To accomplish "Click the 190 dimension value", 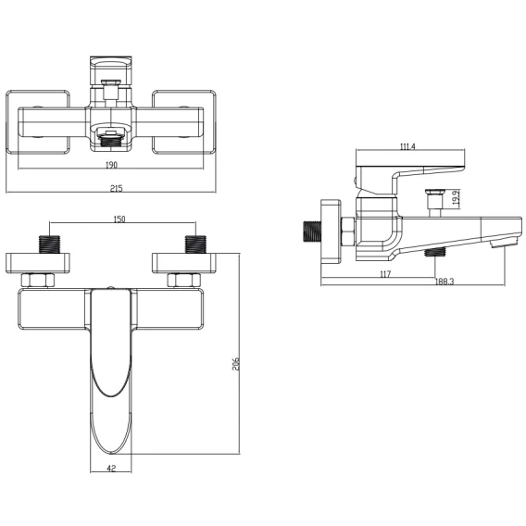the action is click(x=111, y=165).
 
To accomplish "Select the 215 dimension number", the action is click(x=117, y=188).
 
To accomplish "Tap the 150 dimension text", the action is click(x=119, y=219).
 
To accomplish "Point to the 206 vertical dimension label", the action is click(x=236, y=363).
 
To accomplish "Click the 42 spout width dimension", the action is click(x=112, y=468).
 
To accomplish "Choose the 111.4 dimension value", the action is click(x=407, y=146).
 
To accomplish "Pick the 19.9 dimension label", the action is click(x=456, y=198).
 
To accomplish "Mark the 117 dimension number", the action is click(x=385, y=274).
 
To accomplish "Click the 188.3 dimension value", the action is click(x=445, y=282).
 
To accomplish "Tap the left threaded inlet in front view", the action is click(x=49, y=244).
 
